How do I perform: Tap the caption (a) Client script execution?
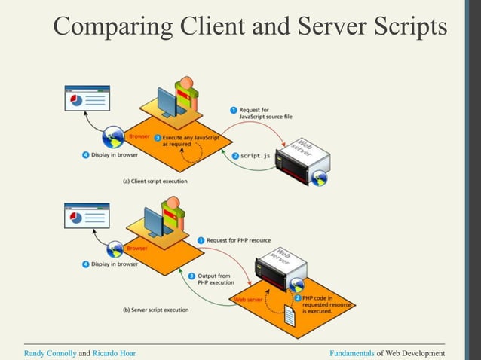click(155, 182)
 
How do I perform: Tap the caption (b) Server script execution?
click(155, 309)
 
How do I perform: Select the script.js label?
click(256, 155)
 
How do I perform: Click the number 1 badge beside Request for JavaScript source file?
click(234, 111)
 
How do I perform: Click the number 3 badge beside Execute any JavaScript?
click(158, 138)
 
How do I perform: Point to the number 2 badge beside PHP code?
click(299, 297)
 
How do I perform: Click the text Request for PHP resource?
click(241, 240)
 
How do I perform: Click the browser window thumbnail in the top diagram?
click(87, 100)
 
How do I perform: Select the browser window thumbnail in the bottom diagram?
click(87, 215)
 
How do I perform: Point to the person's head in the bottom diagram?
click(173, 203)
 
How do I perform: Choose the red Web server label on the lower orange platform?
click(250, 300)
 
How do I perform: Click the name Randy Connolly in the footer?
click(50, 352)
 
